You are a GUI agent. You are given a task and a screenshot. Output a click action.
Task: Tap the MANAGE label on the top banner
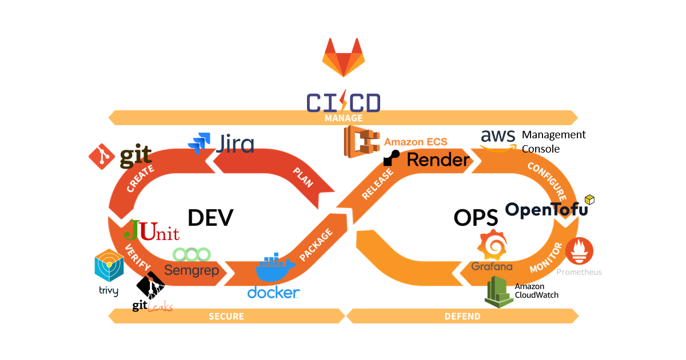point(343,118)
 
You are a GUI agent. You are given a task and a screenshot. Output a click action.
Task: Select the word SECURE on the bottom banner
point(226,316)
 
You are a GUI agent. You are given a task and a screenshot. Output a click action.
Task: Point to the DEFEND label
point(462,316)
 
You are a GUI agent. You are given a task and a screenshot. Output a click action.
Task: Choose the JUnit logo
point(151,230)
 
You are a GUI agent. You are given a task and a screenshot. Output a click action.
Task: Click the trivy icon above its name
point(109,266)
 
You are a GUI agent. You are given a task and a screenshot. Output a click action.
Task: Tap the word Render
point(437,159)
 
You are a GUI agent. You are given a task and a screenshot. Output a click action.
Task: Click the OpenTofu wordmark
point(546,210)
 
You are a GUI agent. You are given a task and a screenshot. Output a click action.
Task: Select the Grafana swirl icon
point(492,246)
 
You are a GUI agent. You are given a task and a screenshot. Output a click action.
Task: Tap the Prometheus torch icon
point(579,251)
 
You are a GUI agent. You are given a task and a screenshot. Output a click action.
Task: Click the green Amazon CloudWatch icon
point(498,291)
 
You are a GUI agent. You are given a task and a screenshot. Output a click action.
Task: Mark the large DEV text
point(210,218)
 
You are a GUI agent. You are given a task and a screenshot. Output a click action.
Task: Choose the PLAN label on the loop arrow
point(303,177)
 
